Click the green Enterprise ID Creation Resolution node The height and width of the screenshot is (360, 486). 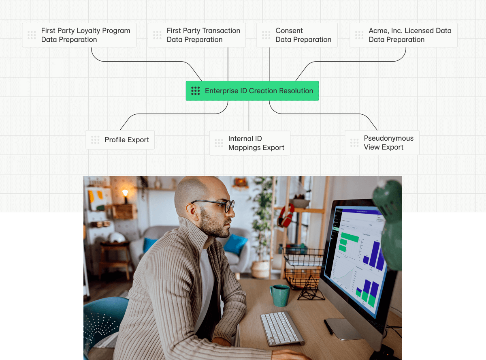point(252,91)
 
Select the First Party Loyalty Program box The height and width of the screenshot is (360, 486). point(79,35)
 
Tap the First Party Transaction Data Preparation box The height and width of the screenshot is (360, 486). point(196,35)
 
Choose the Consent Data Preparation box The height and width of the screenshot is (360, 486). point(297,35)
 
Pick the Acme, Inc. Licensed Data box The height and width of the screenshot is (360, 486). point(403,35)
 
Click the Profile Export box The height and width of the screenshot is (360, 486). point(120,140)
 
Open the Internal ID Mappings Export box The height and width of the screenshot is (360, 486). point(249,143)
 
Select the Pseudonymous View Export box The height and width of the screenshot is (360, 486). point(382,143)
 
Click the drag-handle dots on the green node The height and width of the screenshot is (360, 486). point(196,91)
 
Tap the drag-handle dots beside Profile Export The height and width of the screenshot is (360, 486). point(95,140)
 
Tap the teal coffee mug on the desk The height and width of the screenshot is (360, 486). point(279,295)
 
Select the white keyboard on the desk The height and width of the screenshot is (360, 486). point(282,328)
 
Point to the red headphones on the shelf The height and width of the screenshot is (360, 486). point(286,215)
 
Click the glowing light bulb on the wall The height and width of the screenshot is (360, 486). point(125,193)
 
